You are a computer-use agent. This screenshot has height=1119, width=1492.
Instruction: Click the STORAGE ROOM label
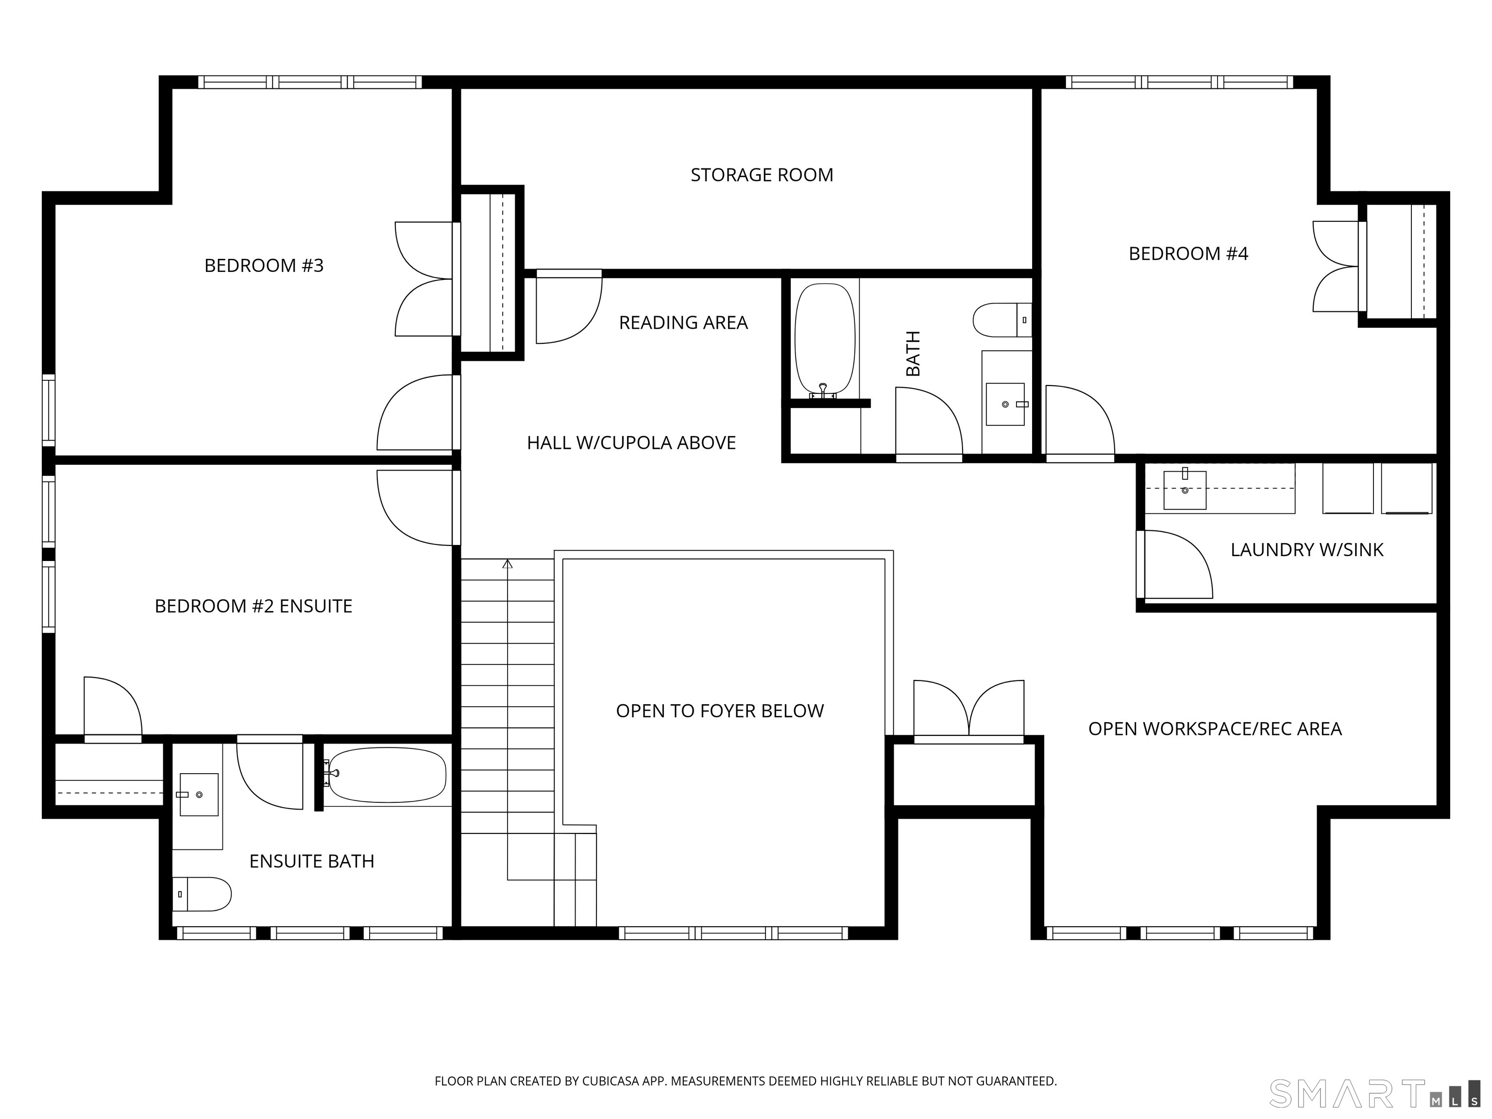coord(762,175)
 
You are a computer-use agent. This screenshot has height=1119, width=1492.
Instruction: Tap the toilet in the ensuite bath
coord(203,895)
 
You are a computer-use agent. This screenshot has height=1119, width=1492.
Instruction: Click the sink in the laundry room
coord(1185,490)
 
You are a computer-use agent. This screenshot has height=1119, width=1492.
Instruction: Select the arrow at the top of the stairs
coord(507,564)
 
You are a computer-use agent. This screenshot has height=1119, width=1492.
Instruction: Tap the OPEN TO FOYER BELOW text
coord(720,711)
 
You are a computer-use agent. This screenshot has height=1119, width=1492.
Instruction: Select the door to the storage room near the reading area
coord(567,308)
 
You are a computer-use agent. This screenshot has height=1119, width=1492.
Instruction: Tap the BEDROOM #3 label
coord(264,266)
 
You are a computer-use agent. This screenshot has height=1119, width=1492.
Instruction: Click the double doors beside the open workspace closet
coord(968,710)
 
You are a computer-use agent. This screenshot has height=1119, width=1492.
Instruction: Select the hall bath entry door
coord(928,424)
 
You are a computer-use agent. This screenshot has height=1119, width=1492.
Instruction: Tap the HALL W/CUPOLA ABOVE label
coord(631,443)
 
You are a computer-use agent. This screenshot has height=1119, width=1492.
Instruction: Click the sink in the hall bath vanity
coord(1005,404)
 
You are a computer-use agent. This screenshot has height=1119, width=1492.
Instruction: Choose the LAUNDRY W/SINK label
coord(1306,550)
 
